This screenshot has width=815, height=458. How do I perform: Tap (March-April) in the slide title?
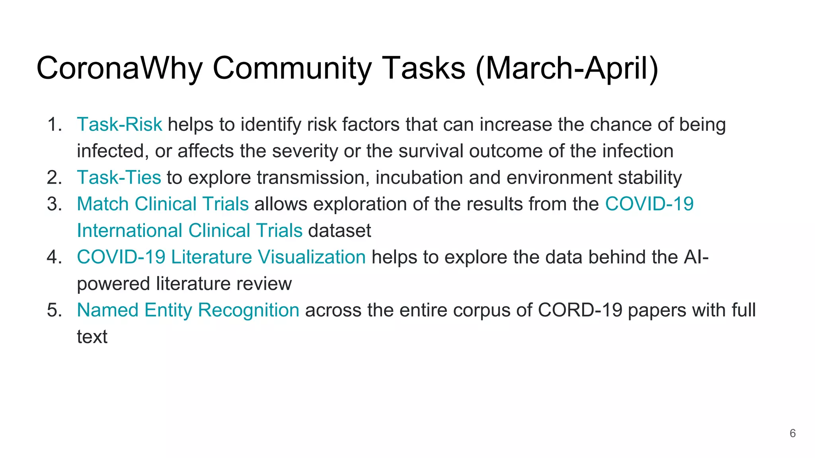pyautogui.click(x=567, y=69)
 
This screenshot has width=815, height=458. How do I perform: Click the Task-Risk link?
pyautogui.click(x=119, y=124)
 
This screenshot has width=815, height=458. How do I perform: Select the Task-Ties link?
pyautogui.click(x=119, y=177)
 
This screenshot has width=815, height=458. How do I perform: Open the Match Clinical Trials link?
pyautogui.click(x=162, y=204)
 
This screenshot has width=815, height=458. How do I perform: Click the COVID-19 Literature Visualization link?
pyautogui.click(x=221, y=257)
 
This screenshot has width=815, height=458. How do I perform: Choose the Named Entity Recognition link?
pyautogui.click(x=188, y=310)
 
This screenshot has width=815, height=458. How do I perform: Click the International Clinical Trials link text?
pyautogui.click(x=189, y=231)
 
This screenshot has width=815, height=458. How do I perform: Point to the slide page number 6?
pyautogui.click(x=792, y=433)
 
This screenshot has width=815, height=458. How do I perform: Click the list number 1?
pyautogui.click(x=54, y=124)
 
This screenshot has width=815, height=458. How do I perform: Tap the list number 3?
pyautogui.click(x=54, y=204)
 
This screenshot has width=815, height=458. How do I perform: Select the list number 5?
pyautogui.click(x=54, y=310)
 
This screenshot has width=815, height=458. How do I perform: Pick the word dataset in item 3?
pyautogui.click(x=339, y=231)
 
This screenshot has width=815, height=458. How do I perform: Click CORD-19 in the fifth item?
pyautogui.click(x=580, y=310)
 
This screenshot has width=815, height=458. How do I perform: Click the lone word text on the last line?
pyautogui.click(x=92, y=337)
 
